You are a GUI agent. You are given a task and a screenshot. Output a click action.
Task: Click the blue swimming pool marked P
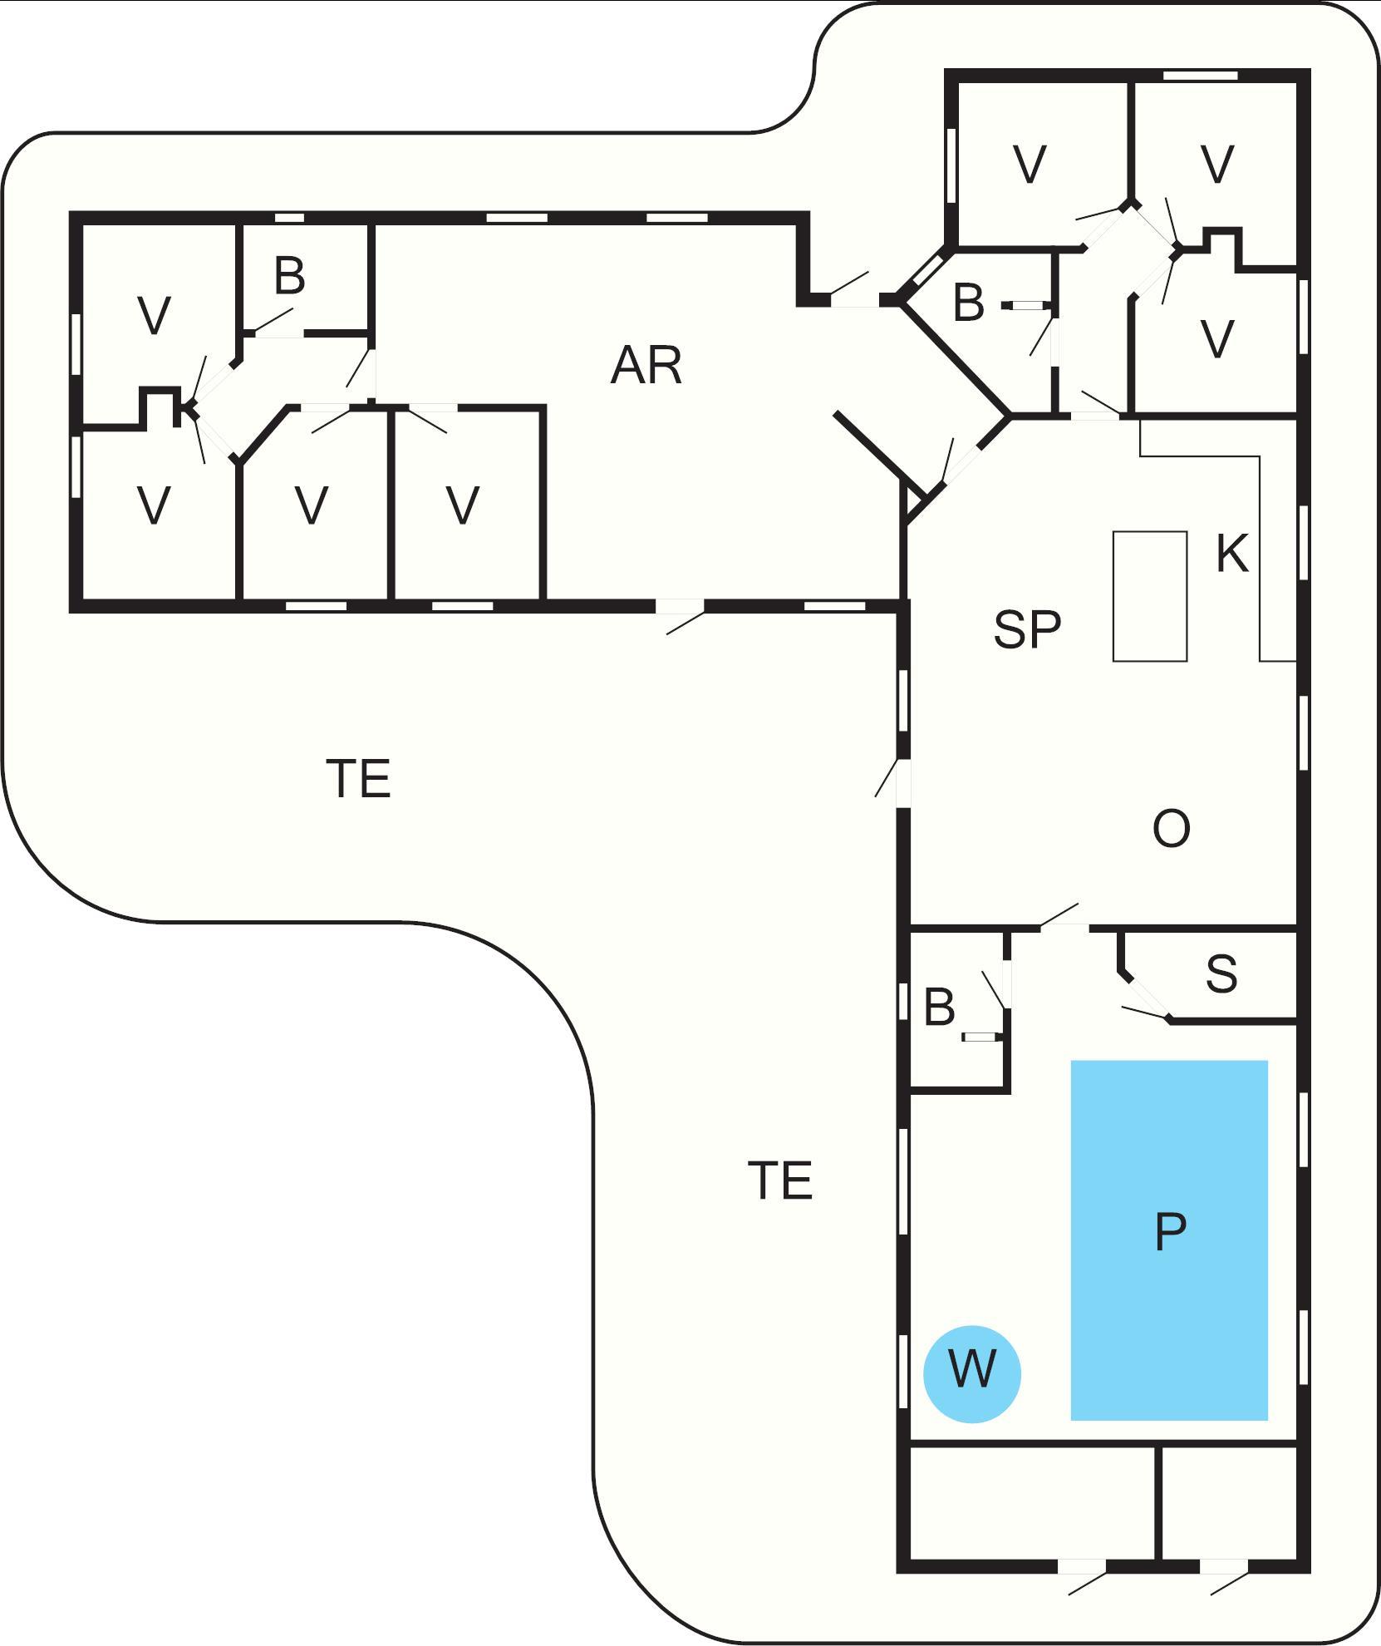(x=1169, y=1239)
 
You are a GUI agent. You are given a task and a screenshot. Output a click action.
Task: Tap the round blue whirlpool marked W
(x=971, y=1374)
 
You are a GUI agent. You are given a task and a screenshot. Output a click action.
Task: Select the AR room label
(x=646, y=366)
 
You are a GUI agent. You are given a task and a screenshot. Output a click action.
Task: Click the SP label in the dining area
(x=1027, y=629)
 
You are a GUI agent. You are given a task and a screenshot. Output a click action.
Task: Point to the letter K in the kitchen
(x=1231, y=554)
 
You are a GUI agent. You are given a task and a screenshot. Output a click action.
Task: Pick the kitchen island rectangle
(x=1150, y=596)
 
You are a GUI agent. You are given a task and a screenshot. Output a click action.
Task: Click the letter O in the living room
(x=1172, y=829)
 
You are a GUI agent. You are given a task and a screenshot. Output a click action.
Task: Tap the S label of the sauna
(x=1221, y=974)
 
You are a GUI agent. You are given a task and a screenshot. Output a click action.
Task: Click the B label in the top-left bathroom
(x=289, y=276)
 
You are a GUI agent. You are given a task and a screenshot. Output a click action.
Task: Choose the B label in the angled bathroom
(x=969, y=303)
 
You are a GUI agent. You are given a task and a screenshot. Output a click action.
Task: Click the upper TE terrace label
(x=359, y=779)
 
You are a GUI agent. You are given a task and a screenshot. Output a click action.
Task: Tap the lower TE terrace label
(x=780, y=1180)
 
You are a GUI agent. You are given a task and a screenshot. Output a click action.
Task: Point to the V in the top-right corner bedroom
(x=1217, y=165)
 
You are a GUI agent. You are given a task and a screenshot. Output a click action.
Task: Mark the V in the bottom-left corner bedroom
(x=154, y=505)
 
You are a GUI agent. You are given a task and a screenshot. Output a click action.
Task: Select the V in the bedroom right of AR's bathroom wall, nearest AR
(x=463, y=505)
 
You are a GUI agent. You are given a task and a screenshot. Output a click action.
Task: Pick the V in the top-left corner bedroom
(x=154, y=316)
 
